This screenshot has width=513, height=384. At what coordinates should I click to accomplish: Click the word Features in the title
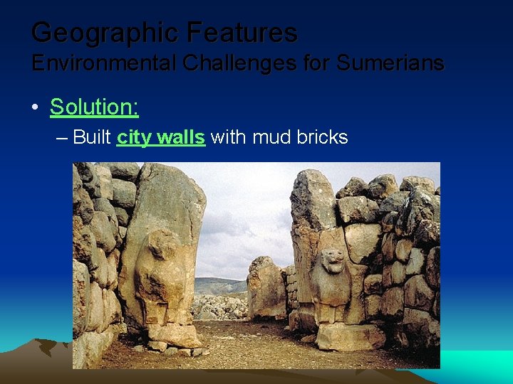(242, 33)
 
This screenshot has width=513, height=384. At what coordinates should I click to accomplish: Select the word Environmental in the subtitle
(104, 63)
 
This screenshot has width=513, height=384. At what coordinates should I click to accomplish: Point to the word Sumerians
(390, 63)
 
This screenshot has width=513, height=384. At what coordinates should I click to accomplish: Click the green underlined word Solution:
(94, 107)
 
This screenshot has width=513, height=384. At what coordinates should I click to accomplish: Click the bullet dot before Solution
(35, 108)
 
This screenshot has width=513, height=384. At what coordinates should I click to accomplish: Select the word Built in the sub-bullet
(93, 137)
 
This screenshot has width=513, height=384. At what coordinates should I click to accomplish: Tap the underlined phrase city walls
(161, 137)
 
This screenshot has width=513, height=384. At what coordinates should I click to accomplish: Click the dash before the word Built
(62, 137)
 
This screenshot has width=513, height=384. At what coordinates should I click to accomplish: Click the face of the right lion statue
(332, 260)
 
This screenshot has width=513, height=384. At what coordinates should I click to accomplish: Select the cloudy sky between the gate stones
(246, 213)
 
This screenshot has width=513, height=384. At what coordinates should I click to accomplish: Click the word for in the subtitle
(316, 63)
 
